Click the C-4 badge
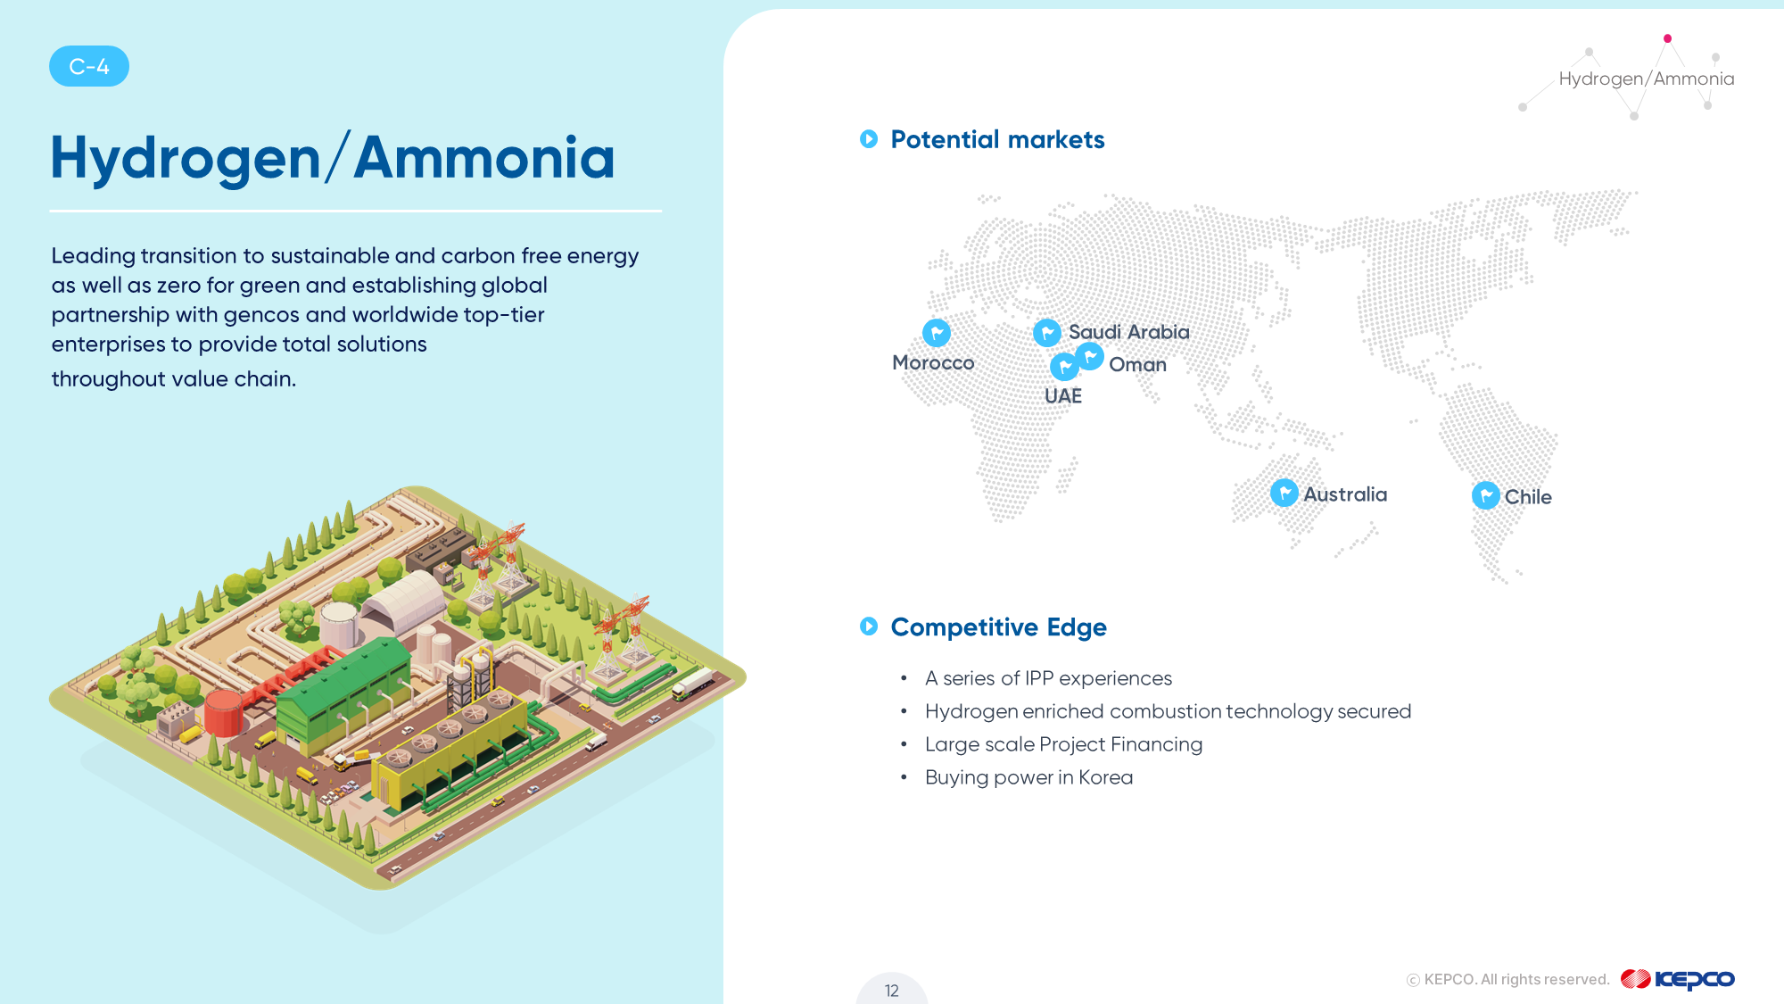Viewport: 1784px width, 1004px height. pos(89,66)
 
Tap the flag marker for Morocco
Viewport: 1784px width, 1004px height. pos(937,333)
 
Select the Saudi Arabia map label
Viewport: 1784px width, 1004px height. pos(1129,332)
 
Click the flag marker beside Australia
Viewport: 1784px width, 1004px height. pos(1284,493)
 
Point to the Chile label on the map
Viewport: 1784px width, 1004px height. pos(1528,497)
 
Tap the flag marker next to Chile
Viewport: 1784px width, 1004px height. pos(1486,495)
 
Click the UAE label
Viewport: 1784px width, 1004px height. pos(1063,396)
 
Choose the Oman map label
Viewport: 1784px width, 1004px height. pos(1137,364)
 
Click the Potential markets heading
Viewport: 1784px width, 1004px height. pos(997,139)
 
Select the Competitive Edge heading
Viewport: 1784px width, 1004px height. pos(999,627)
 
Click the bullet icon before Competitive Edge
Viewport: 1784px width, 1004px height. pos(869,626)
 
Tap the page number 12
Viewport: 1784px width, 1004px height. pos(892,991)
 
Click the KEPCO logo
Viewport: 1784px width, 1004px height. pos(1677,979)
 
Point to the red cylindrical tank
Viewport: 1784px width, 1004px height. pos(223,712)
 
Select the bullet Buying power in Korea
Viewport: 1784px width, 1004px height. pos(1028,777)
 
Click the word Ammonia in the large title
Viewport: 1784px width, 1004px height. pos(484,158)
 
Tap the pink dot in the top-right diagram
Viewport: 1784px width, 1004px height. pos(1667,38)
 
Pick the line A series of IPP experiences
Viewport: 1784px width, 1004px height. pos(1048,678)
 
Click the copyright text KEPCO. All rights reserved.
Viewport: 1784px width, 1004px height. pos(1508,980)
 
